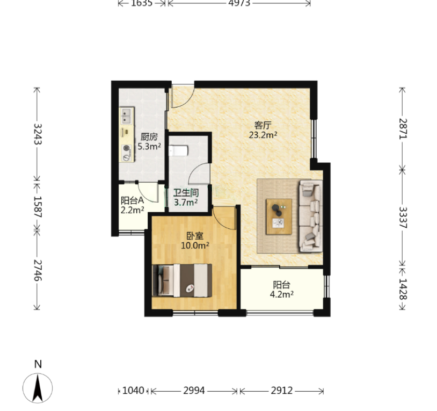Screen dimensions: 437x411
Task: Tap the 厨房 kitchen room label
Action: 149,137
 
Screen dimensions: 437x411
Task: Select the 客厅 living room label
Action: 263,126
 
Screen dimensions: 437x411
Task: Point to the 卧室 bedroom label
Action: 195,236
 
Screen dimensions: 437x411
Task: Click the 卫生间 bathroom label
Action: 186,193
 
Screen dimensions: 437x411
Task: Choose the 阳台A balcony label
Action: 132,200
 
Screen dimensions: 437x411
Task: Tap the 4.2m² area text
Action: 281,294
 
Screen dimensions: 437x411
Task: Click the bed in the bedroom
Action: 183,280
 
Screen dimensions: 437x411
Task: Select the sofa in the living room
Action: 311,216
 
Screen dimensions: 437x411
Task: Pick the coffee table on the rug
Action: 279,217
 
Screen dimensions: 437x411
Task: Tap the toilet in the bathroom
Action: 179,151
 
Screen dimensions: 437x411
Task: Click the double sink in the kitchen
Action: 127,116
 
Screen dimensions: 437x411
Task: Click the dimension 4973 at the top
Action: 239,3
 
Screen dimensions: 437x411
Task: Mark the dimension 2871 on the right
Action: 403,128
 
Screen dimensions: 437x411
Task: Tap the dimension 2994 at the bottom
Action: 194,391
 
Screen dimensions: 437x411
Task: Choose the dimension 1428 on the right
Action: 403,289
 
